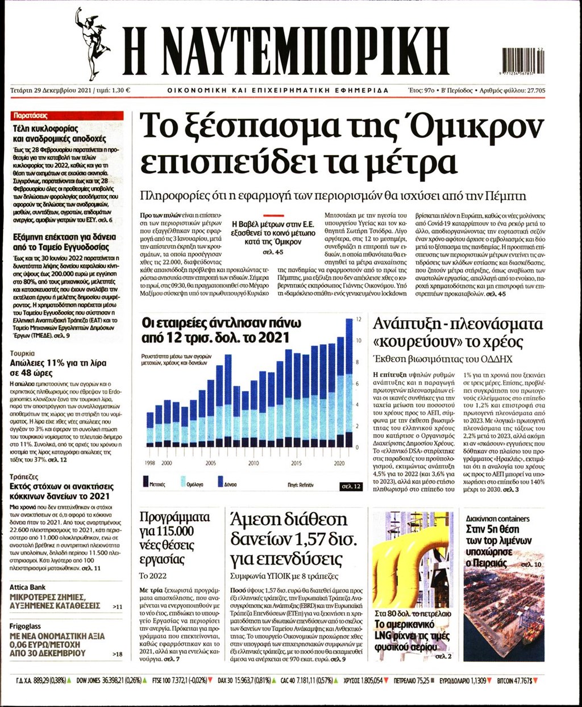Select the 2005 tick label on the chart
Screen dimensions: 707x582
tap(211, 463)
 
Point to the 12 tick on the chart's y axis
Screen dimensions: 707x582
tap(358, 320)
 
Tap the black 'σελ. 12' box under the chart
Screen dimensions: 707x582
tap(351, 487)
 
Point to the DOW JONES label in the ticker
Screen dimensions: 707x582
tap(89, 680)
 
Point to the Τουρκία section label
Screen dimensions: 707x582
tap(22, 353)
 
